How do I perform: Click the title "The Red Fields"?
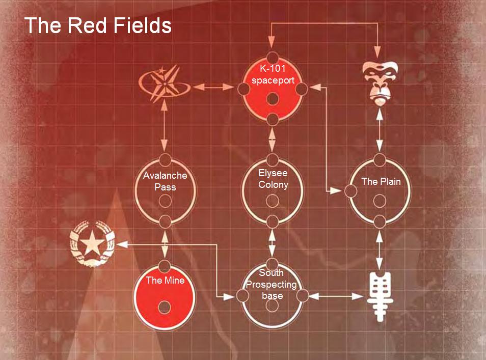pos(98,25)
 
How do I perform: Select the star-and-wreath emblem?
pos(92,244)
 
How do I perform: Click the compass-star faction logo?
pos(165,84)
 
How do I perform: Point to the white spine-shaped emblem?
pos(380,296)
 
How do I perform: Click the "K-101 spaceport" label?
pos(273,74)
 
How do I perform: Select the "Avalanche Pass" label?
pos(165,181)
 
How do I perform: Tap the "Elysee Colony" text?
pos(273,179)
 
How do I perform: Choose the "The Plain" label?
pos(381,182)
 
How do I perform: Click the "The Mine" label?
pos(165,281)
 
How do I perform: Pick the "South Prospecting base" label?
pos(272,284)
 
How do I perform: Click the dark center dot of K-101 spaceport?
pos(273,99)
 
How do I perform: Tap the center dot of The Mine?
pos(164,308)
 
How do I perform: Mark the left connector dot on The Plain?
pos(351,191)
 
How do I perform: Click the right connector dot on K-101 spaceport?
pos(302,89)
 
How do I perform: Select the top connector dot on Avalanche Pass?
pos(165,160)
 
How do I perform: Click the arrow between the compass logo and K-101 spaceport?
pos(213,87)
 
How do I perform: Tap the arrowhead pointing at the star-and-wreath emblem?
pos(122,244)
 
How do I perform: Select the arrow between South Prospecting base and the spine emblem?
pos(336,296)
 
